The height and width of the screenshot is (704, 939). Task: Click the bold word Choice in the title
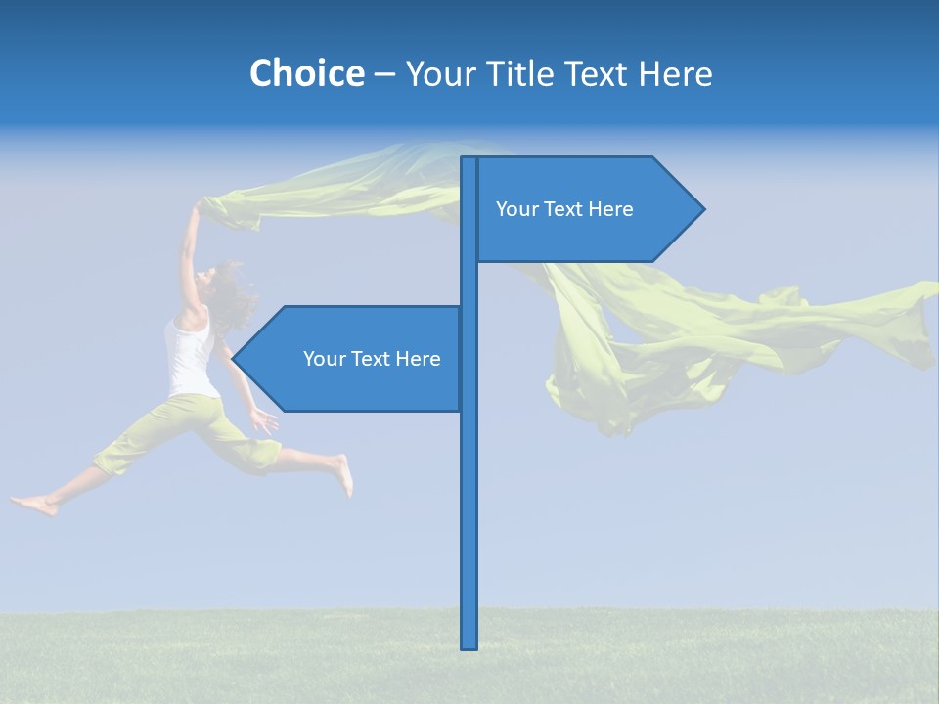306,73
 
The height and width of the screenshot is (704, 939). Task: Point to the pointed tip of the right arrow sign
702,209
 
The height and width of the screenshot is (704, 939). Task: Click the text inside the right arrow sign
564,209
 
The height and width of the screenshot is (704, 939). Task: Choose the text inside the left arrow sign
372,359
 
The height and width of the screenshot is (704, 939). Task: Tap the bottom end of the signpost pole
469,645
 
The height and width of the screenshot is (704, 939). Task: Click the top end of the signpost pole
469,160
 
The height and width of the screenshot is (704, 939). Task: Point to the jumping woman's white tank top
189,357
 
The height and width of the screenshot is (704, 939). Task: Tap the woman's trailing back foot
34,505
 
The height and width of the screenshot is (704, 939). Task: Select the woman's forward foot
343,474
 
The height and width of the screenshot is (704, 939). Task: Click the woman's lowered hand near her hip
262,421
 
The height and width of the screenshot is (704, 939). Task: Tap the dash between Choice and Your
384,73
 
